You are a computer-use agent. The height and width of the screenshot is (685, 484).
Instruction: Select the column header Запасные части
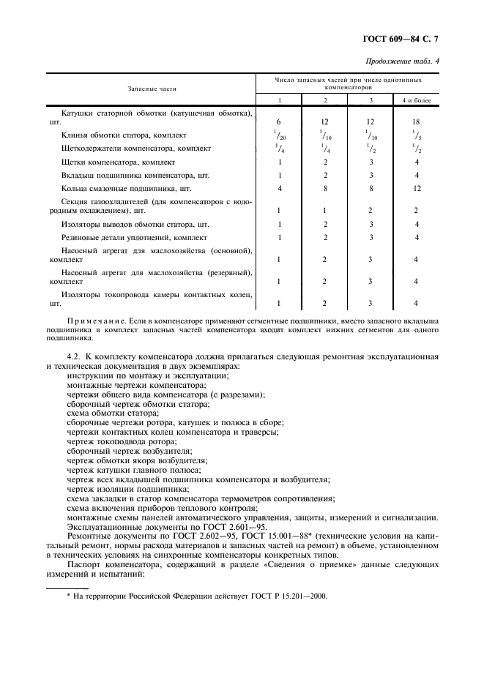tap(152, 88)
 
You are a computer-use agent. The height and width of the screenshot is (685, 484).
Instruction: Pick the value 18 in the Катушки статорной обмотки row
tap(416, 121)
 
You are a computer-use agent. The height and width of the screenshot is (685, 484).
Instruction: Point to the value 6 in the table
tap(279, 121)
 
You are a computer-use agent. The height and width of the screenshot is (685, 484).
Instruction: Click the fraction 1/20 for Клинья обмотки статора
tap(279, 135)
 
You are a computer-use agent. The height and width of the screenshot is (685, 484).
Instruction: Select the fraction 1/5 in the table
tap(416, 135)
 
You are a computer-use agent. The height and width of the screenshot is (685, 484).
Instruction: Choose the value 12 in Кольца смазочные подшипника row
tap(416, 189)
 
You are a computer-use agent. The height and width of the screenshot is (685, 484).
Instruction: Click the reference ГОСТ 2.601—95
tap(209, 526)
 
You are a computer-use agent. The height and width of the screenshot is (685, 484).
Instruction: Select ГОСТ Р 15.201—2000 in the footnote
tap(288, 596)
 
